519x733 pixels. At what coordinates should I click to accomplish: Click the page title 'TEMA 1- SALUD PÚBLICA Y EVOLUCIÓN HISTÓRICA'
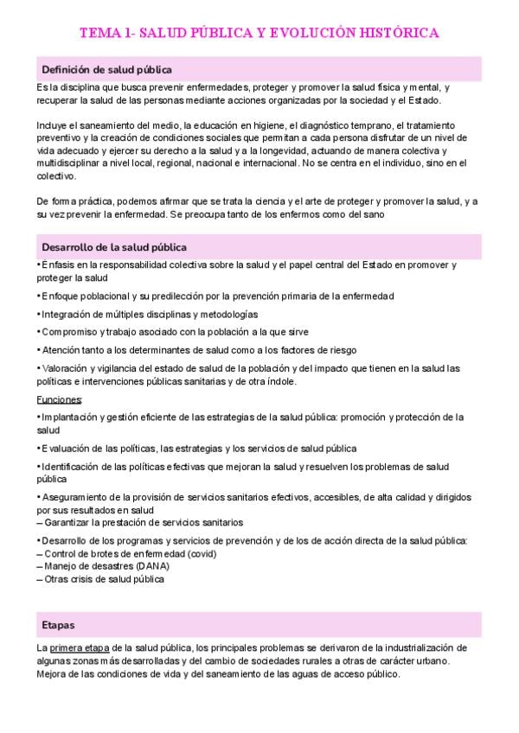(x=259, y=33)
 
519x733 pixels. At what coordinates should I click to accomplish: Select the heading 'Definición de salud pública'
(x=106, y=69)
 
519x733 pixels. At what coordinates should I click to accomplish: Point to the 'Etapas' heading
(x=58, y=624)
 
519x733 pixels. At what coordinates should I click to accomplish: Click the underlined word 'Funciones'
(x=59, y=399)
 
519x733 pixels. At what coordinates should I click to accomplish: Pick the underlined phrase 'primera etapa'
(x=80, y=647)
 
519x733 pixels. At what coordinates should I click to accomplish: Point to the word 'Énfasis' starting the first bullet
(x=59, y=265)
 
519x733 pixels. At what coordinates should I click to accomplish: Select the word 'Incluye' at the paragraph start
(x=53, y=125)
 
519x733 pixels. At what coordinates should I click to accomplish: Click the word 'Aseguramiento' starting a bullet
(x=75, y=498)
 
